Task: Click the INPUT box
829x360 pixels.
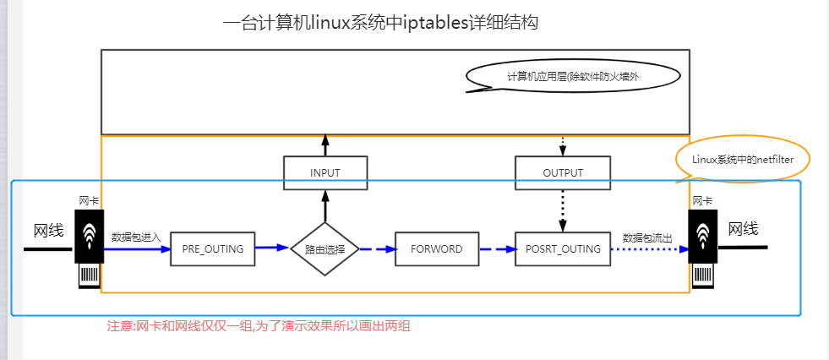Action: coord(325,173)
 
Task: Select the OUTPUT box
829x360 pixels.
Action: coord(563,173)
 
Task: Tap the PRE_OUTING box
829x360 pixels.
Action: coord(213,248)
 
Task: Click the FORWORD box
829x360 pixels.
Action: coord(437,248)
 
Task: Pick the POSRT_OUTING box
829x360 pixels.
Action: coord(563,248)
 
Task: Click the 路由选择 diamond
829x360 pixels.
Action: coord(325,248)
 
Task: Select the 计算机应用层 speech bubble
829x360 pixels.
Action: coord(573,77)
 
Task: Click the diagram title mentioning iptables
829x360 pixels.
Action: coord(380,24)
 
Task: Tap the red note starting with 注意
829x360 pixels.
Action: coord(259,326)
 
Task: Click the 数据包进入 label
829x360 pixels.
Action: coord(136,237)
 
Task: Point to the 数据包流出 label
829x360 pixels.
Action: coord(647,237)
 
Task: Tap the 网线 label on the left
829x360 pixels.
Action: coord(49,231)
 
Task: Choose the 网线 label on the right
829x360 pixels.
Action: coord(744,229)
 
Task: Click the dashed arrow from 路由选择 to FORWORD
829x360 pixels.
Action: coord(378,249)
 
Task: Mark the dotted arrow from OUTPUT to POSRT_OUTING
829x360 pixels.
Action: coord(563,211)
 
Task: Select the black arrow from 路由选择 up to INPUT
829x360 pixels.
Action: coord(325,206)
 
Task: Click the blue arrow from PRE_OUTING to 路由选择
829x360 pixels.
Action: coord(273,247)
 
